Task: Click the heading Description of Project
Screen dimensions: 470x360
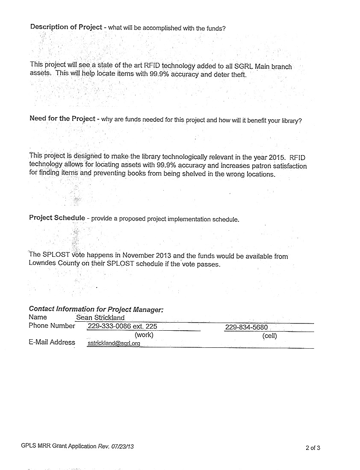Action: click(x=66, y=27)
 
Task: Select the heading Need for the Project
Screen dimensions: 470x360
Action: click(x=62, y=118)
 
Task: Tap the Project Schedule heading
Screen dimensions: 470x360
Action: click(x=57, y=217)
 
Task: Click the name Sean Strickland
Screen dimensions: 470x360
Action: click(x=100, y=317)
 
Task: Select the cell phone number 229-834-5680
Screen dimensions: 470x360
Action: click(x=246, y=327)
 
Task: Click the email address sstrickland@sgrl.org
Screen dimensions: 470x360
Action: click(x=114, y=343)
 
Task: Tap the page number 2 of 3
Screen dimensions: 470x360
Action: click(x=313, y=448)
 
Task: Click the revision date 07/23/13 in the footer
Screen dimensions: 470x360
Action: click(x=122, y=446)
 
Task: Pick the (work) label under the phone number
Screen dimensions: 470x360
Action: click(x=144, y=335)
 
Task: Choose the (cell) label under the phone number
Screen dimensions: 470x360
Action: click(x=269, y=336)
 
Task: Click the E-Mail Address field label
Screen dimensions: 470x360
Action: click(x=52, y=342)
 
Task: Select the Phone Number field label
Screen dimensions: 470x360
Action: click(x=52, y=326)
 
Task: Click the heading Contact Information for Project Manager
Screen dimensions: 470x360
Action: click(x=96, y=309)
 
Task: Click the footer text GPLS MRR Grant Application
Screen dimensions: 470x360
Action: click(x=59, y=446)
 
